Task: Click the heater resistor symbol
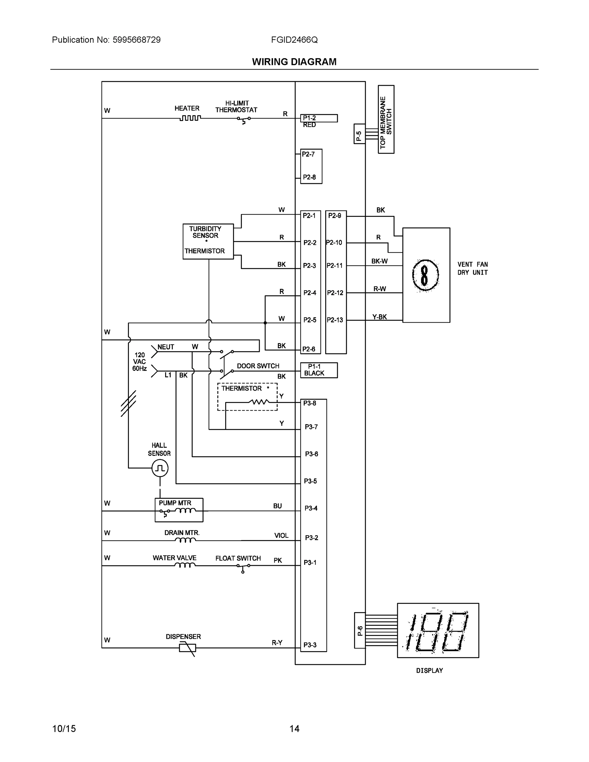(x=190, y=118)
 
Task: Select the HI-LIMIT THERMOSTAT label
(x=236, y=106)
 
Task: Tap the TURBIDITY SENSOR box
(x=208, y=241)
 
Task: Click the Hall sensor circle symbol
(x=160, y=468)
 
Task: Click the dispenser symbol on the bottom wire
(x=187, y=648)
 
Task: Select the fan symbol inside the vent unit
(x=425, y=275)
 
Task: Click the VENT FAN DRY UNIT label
(x=472, y=268)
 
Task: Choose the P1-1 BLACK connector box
(x=318, y=370)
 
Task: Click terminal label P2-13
(x=335, y=320)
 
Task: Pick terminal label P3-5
(x=310, y=481)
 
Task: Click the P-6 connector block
(x=360, y=631)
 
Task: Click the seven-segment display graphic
(x=438, y=631)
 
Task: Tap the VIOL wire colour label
(x=281, y=536)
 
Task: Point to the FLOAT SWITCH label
(x=238, y=558)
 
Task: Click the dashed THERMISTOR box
(x=247, y=397)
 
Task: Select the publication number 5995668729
(x=137, y=40)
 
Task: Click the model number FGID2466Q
(x=294, y=40)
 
